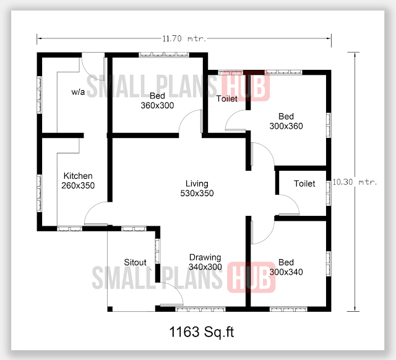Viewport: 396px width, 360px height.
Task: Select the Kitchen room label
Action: pyautogui.click(x=77, y=176)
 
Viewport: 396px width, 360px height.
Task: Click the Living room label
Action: pyautogui.click(x=197, y=184)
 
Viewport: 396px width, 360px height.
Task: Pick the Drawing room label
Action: pyautogui.click(x=205, y=257)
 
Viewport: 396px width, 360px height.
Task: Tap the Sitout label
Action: pyautogui.click(x=135, y=262)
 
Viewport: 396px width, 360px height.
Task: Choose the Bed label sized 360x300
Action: pyautogui.click(x=157, y=96)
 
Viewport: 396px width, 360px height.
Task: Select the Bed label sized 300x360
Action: pyautogui.click(x=286, y=116)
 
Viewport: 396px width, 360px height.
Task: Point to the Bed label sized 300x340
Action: pyautogui.click(x=286, y=262)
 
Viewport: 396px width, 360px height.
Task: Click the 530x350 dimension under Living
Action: pyautogui.click(x=197, y=194)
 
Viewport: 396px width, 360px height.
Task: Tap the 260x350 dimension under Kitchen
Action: pyautogui.click(x=78, y=186)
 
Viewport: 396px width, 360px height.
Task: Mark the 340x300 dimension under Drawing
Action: pyautogui.click(x=205, y=267)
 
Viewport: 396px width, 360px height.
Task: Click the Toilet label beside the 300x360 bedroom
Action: pyautogui.click(x=226, y=99)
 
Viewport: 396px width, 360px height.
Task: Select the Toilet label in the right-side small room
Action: pyautogui.click(x=304, y=184)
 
